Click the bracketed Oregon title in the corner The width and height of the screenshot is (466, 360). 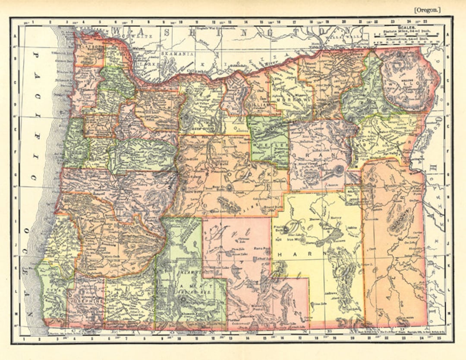[x=428, y=9]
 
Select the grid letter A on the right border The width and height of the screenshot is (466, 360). [x=448, y=37]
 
